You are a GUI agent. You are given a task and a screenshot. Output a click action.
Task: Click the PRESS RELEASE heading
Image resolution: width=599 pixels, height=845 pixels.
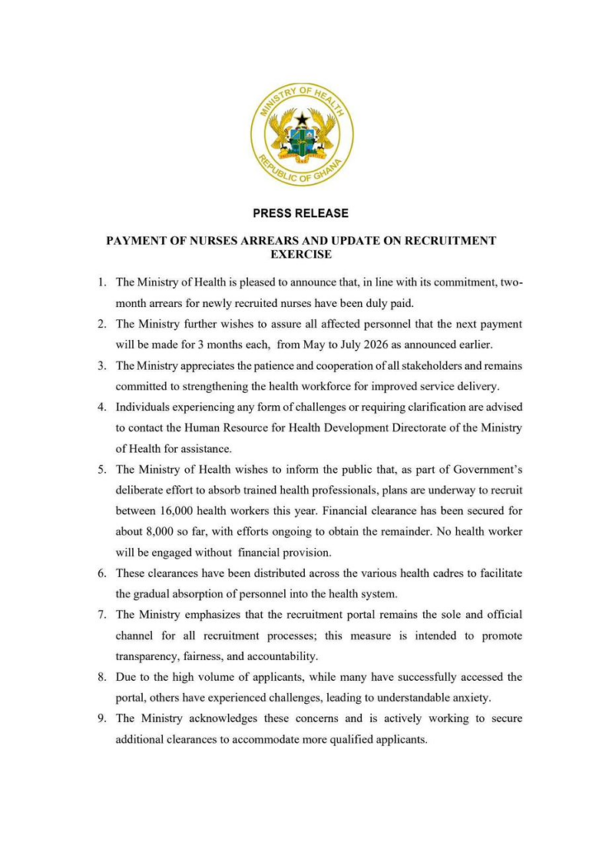(300, 213)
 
